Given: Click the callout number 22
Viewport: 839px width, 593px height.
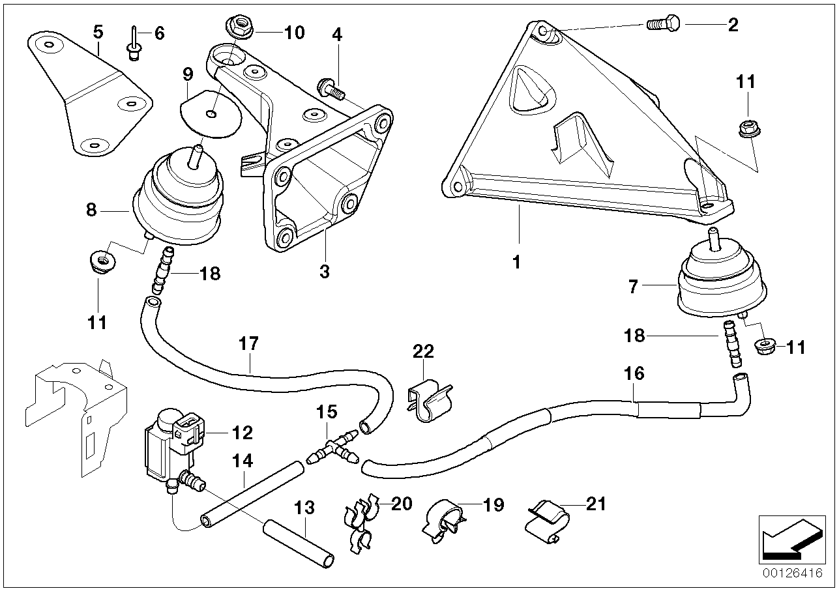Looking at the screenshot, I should click(x=422, y=352).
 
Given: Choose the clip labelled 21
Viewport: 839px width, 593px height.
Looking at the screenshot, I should click(x=547, y=518).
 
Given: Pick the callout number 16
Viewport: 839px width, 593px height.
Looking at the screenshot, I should click(x=634, y=373).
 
